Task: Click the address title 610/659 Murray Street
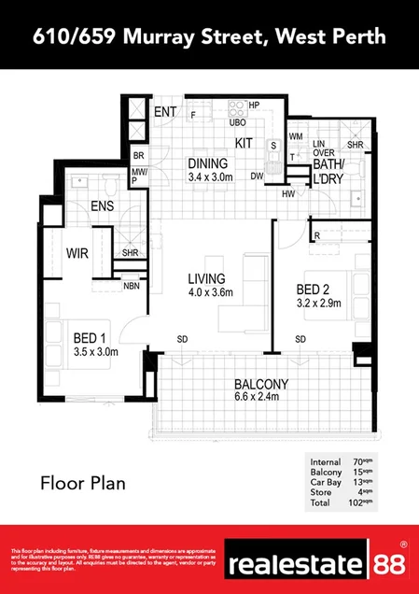click(x=209, y=36)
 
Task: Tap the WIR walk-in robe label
click(x=77, y=252)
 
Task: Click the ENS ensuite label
click(x=102, y=206)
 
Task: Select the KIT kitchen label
click(x=244, y=143)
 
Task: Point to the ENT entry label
click(x=165, y=112)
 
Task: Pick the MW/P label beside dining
click(x=140, y=176)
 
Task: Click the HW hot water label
click(x=287, y=193)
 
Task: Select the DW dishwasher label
click(x=256, y=175)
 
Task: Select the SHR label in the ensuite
click(x=130, y=251)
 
